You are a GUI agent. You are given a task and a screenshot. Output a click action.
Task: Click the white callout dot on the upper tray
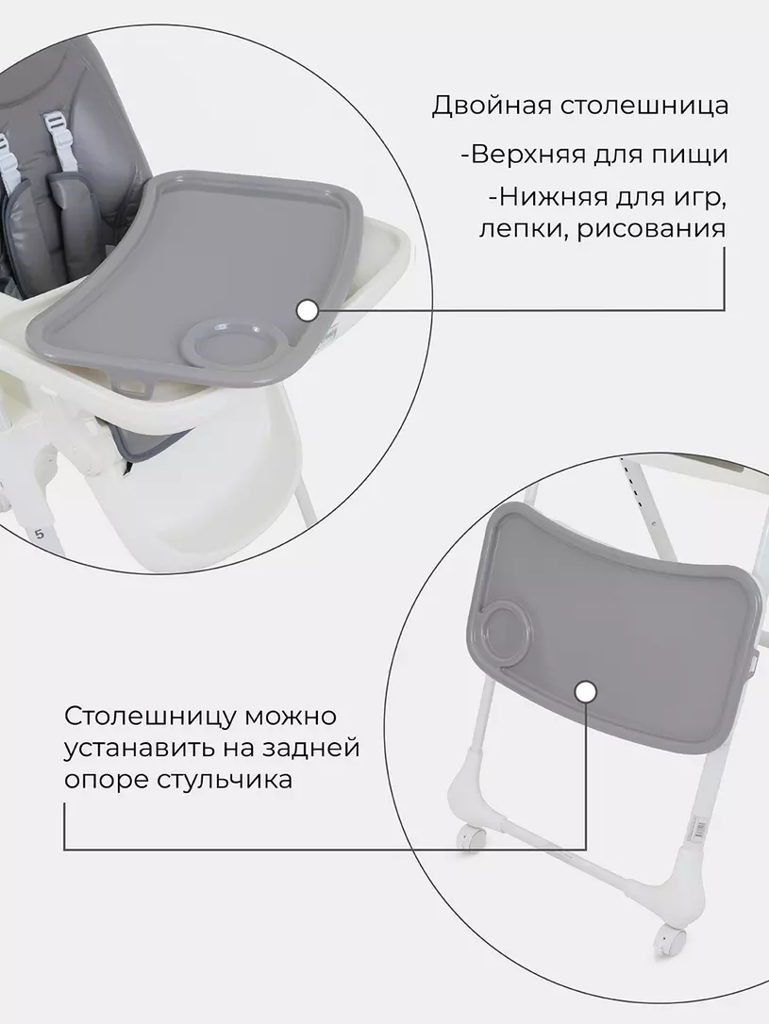[306, 310]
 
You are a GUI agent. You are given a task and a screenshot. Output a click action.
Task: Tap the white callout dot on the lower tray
[585, 693]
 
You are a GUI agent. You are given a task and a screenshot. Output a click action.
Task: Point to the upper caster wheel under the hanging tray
[473, 834]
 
